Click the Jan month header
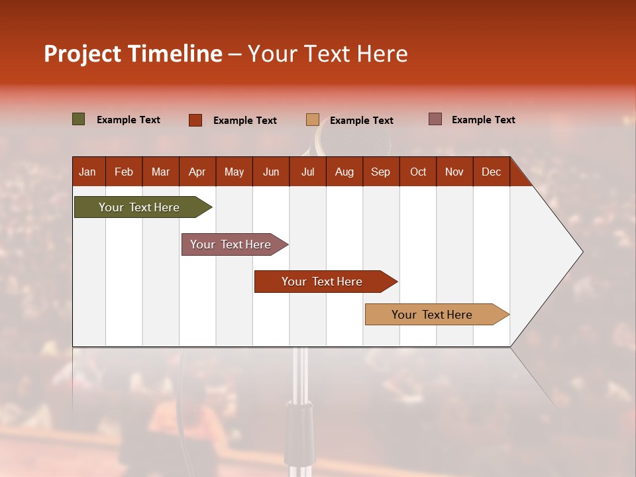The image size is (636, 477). tap(87, 172)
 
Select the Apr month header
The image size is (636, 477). tap(197, 172)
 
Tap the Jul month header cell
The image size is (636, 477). tap(307, 172)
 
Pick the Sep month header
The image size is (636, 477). tap(380, 172)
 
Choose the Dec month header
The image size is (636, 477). tap(491, 172)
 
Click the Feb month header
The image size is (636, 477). tap(124, 172)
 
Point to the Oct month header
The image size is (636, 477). tap(418, 172)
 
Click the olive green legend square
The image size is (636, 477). tap(79, 119)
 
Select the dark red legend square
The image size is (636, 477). tap(195, 120)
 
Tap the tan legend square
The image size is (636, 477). tap(313, 120)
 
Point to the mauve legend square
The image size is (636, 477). tap(435, 119)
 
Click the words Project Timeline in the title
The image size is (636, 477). tap(132, 54)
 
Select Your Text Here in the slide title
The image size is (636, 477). tap(328, 54)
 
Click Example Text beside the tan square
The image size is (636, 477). tap(361, 121)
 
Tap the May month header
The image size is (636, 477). tap(234, 172)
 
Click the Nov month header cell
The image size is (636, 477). tap(454, 172)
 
